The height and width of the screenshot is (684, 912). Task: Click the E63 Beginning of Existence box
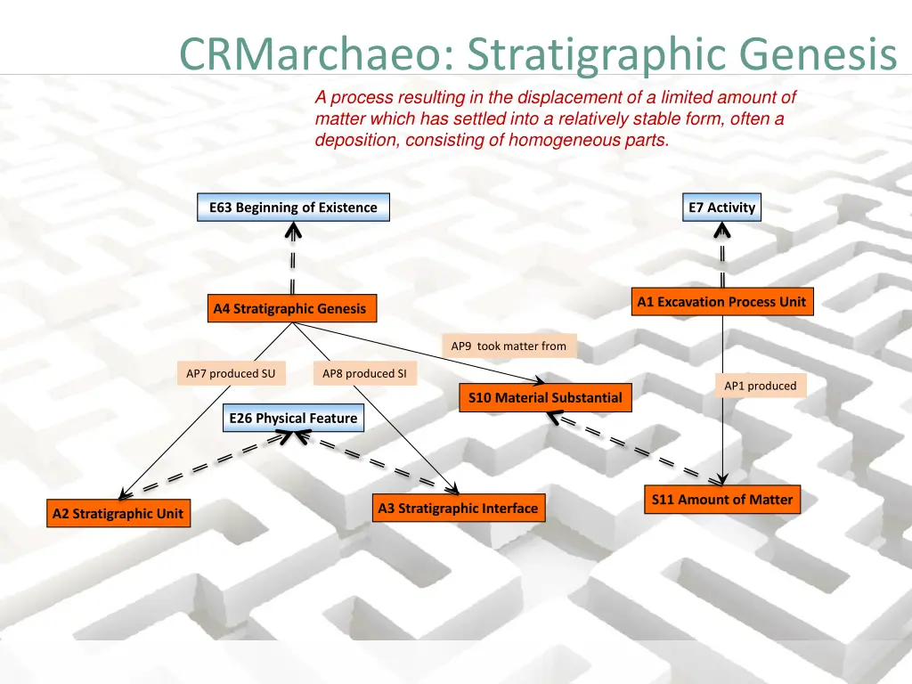point(293,208)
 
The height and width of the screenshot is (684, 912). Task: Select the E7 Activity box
point(721,208)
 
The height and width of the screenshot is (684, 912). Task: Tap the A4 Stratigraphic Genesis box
point(289,309)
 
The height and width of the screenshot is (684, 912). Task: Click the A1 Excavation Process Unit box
point(721,302)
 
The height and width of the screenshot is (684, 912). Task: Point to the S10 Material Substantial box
point(545,397)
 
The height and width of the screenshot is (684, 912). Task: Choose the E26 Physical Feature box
point(293,419)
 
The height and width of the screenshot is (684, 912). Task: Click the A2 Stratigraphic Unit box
point(118,513)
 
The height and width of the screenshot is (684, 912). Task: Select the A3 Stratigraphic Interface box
point(458,509)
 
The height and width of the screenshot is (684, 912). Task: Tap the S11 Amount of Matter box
point(721,500)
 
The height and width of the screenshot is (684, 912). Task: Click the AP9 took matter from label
point(509,346)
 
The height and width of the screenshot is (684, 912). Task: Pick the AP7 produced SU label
point(231,374)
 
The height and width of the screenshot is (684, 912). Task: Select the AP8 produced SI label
point(364,374)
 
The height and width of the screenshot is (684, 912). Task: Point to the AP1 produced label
point(760,386)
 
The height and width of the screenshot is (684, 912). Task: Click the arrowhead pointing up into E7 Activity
point(721,231)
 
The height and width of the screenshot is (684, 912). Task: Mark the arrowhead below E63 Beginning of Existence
point(292,232)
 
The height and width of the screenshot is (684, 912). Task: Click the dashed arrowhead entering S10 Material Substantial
point(553,416)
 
